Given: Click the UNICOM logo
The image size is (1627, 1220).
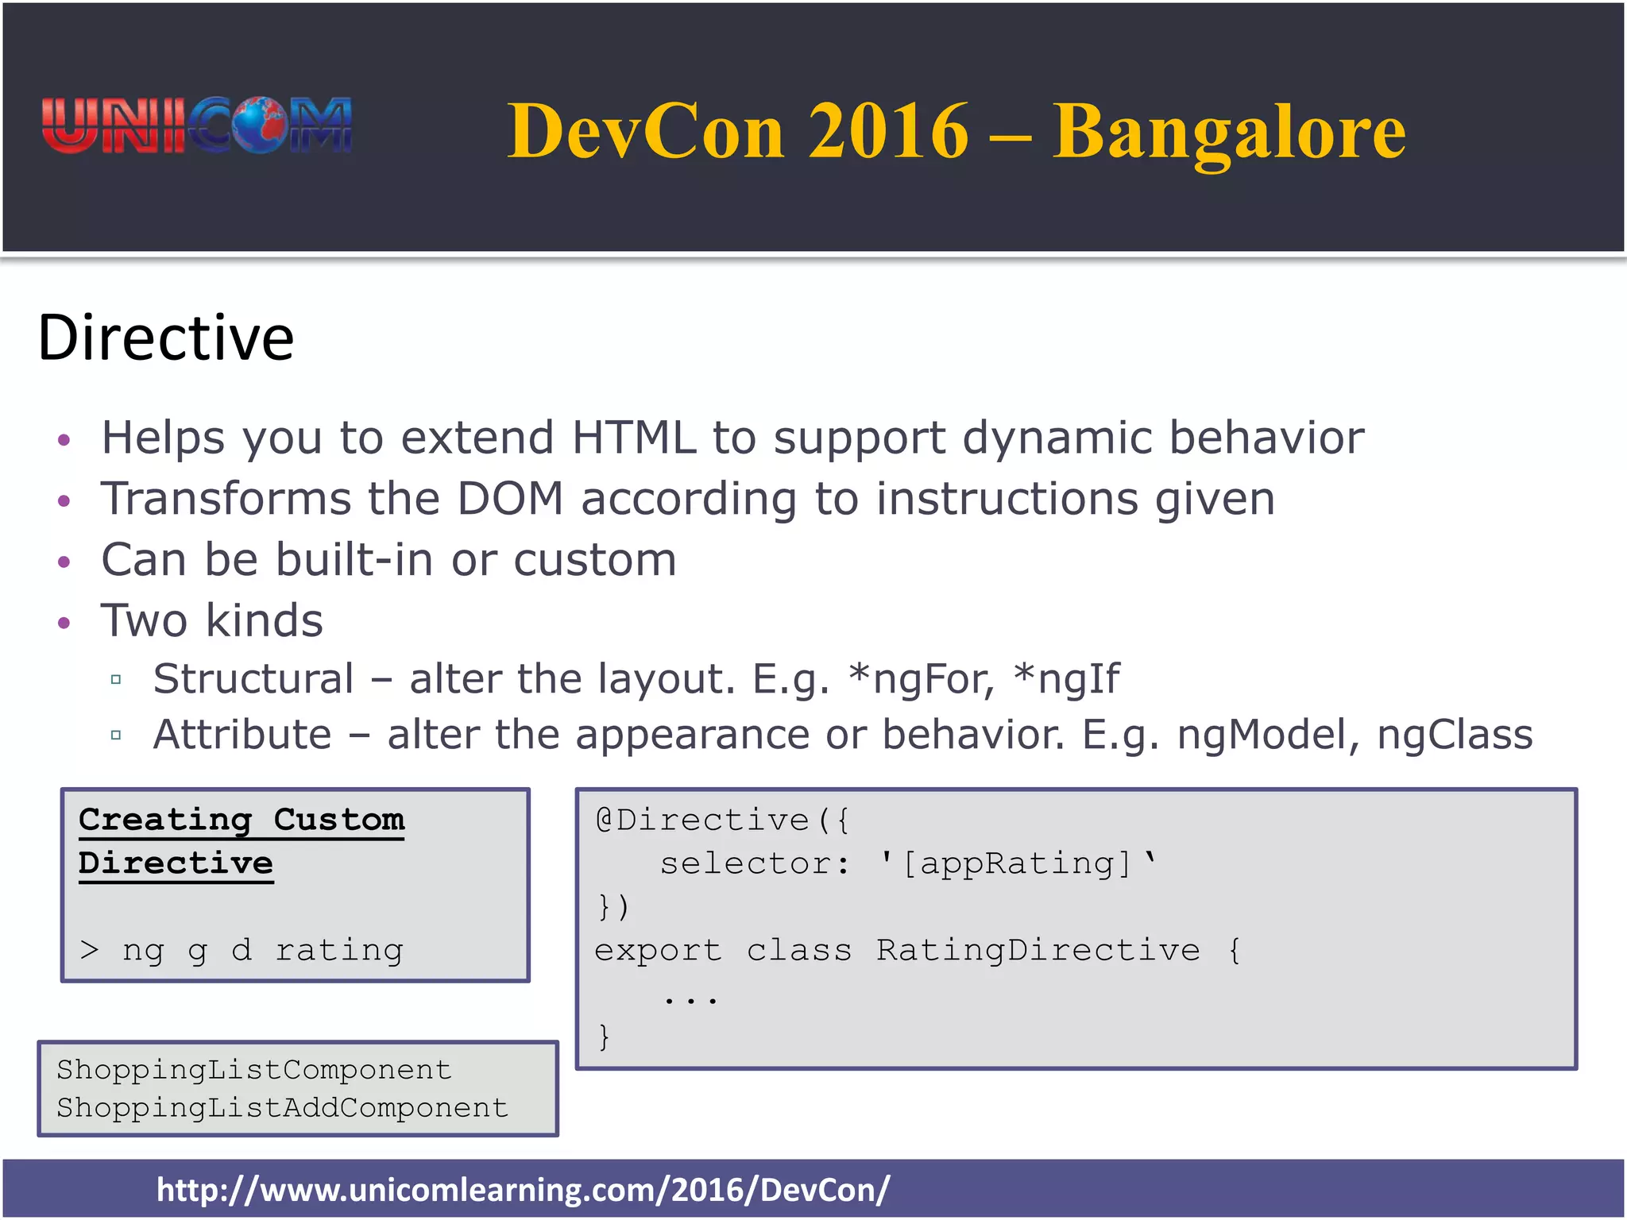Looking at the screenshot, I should point(196,125).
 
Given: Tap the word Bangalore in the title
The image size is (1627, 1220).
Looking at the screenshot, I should point(1228,132).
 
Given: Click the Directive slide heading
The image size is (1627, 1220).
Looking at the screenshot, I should point(165,338).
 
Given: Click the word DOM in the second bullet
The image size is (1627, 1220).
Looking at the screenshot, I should point(509,499).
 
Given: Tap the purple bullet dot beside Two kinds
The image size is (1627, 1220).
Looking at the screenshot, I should point(64,622).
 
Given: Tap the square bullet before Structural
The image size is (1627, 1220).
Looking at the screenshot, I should point(116,680).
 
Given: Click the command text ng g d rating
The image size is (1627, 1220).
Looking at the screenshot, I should point(262,950).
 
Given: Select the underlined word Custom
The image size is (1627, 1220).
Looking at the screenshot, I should point(338,820).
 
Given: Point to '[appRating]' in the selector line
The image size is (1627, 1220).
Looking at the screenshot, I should point(1018,863).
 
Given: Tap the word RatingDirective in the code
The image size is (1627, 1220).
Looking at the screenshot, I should point(1038,950).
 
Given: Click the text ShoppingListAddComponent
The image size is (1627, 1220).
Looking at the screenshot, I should point(282,1108).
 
